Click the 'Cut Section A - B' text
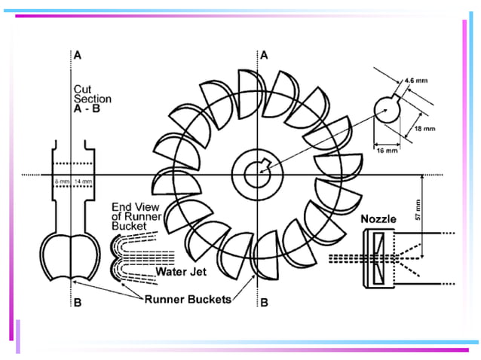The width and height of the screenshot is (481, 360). [92, 99]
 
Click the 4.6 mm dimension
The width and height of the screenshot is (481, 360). [416, 78]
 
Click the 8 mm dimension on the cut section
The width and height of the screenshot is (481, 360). [59, 182]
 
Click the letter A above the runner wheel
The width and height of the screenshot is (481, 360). [264, 56]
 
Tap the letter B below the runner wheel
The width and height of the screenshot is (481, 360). [264, 304]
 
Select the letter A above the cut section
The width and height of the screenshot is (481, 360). [77, 56]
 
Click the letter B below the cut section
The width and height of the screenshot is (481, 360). [77, 304]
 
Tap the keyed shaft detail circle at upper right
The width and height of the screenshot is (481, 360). [390, 111]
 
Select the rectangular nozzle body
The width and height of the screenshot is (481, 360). [376, 258]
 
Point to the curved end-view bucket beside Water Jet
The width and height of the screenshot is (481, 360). [119, 256]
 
